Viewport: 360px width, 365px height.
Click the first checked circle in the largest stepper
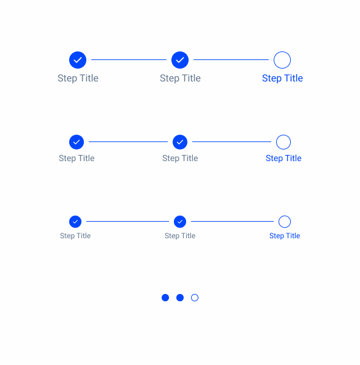[x=78, y=60]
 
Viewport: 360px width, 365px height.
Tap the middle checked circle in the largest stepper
[x=180, y=60]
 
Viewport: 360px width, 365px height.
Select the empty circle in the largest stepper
[x=282, y=51]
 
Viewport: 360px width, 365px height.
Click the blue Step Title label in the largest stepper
[x=282, y=78]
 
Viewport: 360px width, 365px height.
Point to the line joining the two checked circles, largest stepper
[x=129, y=60]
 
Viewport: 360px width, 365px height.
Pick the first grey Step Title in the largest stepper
[x=78, y=78]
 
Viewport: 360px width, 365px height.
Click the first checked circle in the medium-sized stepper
[x=77, y=142]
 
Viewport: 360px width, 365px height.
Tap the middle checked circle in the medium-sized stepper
[x=180, y=142]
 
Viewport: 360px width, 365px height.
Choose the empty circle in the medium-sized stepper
[x=283, y=135]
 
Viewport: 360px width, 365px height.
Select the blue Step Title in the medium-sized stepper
[x=283, y=158]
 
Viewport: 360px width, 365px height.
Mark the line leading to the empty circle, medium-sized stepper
[x=231, y=141]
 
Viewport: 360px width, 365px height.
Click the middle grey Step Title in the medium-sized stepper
[x=180, y=158]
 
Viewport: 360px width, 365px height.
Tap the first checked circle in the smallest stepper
[x=75, y=222]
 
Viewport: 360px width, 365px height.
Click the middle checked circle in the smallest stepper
[x=180, y=222]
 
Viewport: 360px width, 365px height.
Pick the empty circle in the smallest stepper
[x=285, y=216]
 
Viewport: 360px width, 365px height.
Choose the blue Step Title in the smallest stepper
[x=285, y=236]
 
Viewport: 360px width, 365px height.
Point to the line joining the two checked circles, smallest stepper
[x=127, y=221]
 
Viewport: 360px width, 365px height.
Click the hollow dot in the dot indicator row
[x=195, y=294]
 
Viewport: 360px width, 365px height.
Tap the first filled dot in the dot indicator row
[x=165, y=298]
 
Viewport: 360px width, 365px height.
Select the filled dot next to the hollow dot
[x=180, y=298]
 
